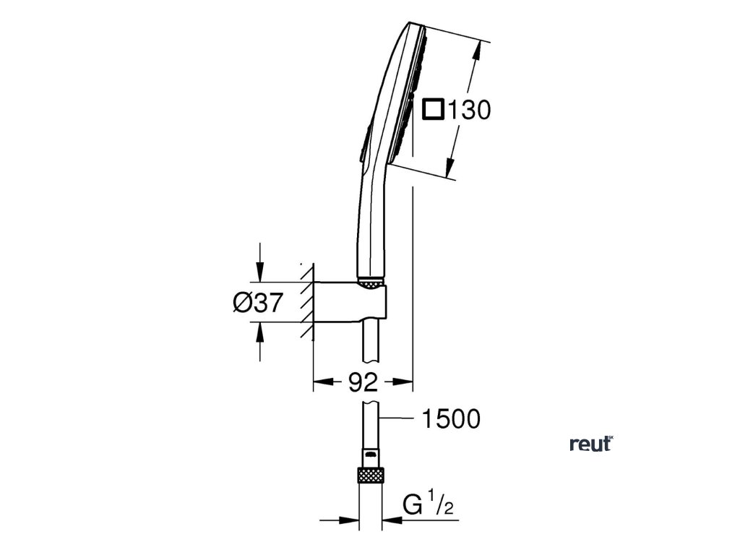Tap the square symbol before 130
point(432,110)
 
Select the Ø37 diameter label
point(257,303)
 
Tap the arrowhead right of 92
point(404,382)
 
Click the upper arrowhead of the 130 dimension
point(476,51)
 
